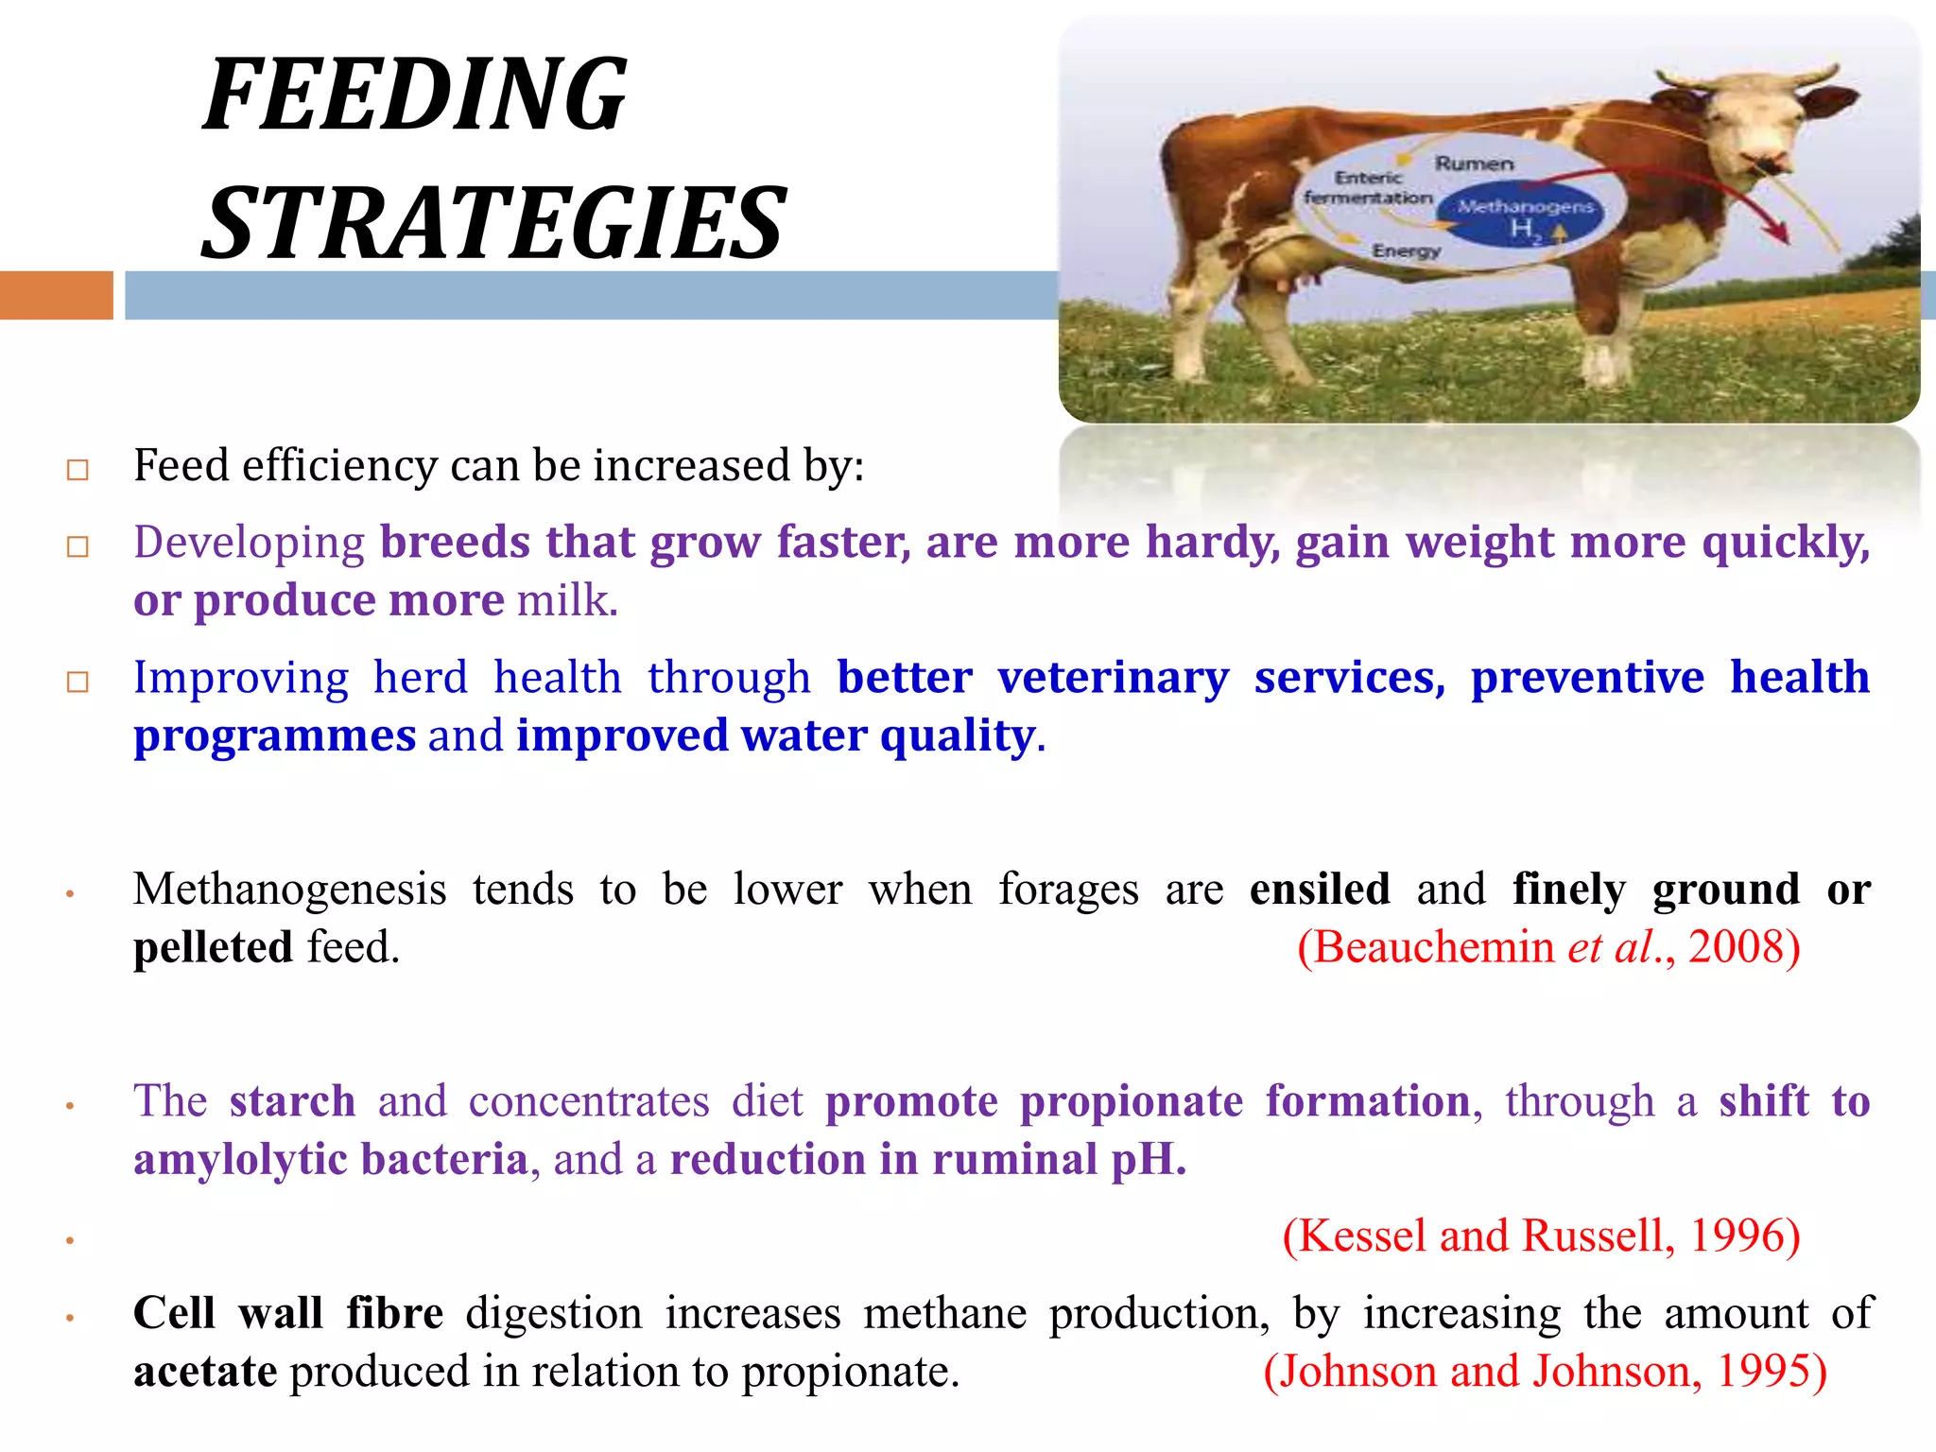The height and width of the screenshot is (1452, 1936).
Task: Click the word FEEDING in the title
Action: click(416, 95)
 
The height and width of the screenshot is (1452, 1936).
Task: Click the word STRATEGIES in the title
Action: click(493, 224)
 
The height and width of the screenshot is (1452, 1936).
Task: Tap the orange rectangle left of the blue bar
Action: click(56, 295)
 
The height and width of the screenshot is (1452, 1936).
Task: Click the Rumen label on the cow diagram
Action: click(1474, 164)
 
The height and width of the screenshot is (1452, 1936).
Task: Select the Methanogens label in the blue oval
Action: click(1525, 207)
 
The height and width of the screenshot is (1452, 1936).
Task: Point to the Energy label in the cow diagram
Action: click(1406, 251)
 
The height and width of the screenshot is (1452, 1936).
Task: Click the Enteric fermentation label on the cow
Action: click(1367, 188)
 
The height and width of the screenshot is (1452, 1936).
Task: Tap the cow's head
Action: click(1758, 123)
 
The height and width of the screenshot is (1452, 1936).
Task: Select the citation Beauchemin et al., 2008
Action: click(1548, 947)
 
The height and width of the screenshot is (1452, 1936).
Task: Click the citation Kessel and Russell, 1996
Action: click(1541, 1236)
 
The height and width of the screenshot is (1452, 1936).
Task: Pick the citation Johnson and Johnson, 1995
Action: click(1545, 1372)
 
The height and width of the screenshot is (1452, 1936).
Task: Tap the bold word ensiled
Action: click(1319, 890)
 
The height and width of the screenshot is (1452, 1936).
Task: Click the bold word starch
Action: click(292, 1102)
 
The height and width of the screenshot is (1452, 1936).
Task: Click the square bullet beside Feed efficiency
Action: click(78, 470)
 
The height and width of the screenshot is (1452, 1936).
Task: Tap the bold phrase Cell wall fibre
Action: click(288, 1314)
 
